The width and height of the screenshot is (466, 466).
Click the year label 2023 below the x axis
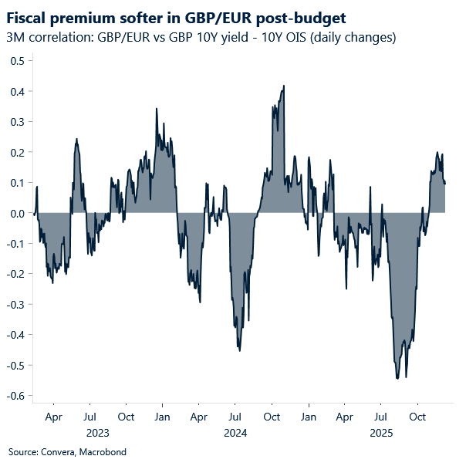[x=98, y=433]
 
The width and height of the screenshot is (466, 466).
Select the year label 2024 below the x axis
[x=235, y=433]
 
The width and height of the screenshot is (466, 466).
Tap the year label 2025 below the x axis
[x=381, y=433]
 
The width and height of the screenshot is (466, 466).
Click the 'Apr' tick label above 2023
[x=53, y=417]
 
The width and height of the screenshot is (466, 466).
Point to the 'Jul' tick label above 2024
[x=235, y=417]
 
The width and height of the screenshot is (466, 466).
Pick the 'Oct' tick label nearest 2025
[x=417, y=417]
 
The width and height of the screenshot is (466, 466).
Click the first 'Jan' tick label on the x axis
[x=163, y=417]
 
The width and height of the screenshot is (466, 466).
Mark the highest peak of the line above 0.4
[x=284, y=86]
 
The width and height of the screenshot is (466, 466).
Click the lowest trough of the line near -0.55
[x=397, y=378]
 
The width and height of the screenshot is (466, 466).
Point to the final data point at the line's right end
[x=445, y=184]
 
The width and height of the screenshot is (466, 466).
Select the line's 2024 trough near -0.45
[x=240, y=350]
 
